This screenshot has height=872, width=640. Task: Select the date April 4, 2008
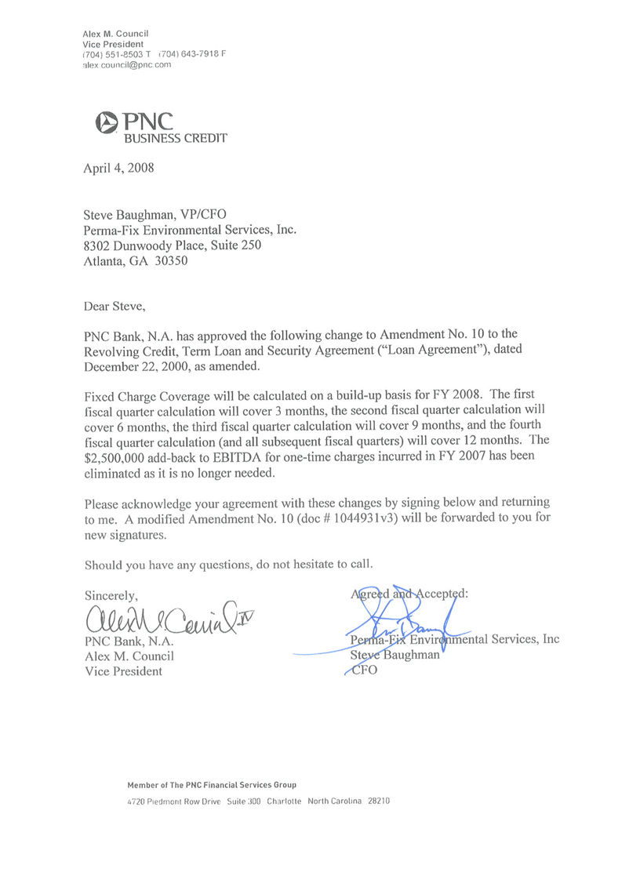point(119,167)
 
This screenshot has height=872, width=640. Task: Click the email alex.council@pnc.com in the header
point(126,65)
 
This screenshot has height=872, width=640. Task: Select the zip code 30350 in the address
point(170,263)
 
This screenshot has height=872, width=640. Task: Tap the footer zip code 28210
point(378,802)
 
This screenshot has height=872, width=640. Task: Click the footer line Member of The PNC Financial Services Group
point(212,785)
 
